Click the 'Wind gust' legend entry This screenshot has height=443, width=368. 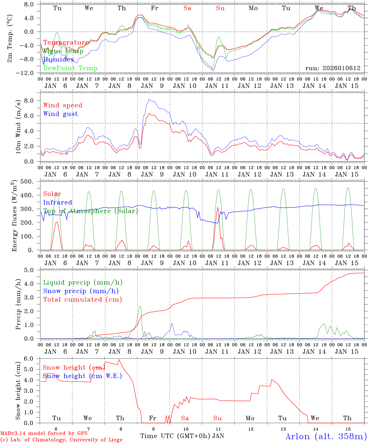tap(60, 114)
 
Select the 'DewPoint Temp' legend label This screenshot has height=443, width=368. tap(70, 68)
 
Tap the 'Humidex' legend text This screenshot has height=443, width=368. tap(59, 60)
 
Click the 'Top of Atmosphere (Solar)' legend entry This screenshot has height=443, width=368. tap(91, 211)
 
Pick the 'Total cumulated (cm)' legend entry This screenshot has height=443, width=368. tap(82, 300)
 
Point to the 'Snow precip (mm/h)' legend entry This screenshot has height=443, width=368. tap(81, 291)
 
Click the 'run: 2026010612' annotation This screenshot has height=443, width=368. tap(333, 68)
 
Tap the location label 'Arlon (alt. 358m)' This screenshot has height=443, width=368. tap(326, 436)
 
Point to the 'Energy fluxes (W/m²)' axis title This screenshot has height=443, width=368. tap(14, 216)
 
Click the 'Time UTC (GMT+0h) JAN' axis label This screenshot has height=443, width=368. tap(182, 436)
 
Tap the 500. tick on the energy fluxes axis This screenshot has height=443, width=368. tap(31, 182)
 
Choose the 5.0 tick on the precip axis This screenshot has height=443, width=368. tap(33, 270)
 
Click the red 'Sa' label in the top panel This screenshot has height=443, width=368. tap(187, 8)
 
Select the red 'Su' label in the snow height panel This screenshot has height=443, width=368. tap(217, 418)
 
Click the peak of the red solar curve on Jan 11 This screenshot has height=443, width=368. tap(218, 207)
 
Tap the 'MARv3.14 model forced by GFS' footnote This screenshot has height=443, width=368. tap(44, 433)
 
